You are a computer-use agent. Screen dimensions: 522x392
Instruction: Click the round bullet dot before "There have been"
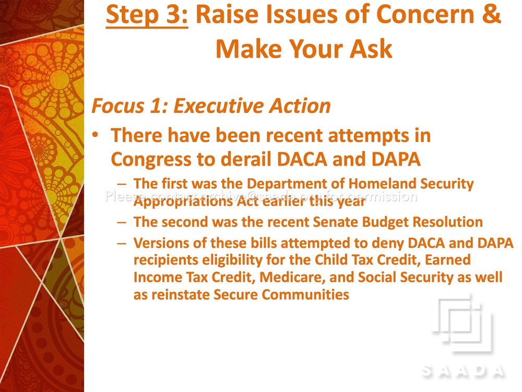point(96,135)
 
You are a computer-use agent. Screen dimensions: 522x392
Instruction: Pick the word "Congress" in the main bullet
point(151,160)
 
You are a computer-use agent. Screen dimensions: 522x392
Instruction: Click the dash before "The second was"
point(122,222)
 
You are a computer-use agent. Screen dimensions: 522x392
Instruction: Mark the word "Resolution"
point(448,222)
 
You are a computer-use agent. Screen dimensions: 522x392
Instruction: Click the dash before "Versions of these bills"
point(122,244)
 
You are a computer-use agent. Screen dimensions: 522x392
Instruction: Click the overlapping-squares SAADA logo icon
point(461,322)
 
